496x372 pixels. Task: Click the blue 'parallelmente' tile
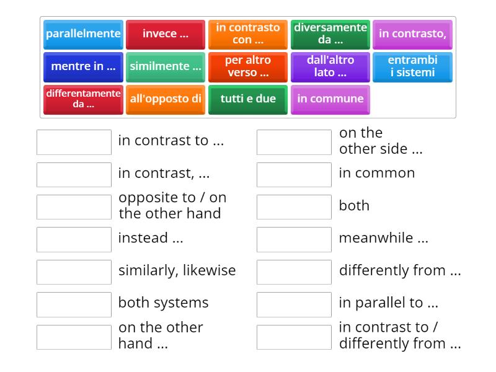[x=83, y=34]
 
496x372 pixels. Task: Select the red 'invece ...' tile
[x=166, y=34]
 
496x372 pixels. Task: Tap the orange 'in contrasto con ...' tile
[x=248, y=34]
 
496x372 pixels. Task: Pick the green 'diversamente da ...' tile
[x=330, y=34]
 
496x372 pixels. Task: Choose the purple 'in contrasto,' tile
[x=412, y=34]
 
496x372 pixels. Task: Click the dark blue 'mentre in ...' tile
[x=83, y=66]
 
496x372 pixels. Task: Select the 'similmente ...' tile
[x=166, y=66]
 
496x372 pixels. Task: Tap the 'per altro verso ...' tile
[x=248, y=66]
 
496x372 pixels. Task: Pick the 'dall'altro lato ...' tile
[x=330, y=66]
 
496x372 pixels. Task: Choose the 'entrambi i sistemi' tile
[x=412, y=66]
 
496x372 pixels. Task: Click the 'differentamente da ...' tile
[x=83, y=99]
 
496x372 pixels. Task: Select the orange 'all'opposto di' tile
[x=166, y=99]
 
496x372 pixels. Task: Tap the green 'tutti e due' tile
[x=248, y=99]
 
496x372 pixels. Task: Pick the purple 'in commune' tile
[x=330, y=99]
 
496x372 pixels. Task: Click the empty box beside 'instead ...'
[x=74, y=239]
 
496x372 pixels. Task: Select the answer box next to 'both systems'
[x=74, y=304]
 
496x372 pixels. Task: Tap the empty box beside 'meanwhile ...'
[x=294, y=239]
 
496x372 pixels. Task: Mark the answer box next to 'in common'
[x=294, y=174]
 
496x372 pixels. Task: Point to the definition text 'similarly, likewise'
[x=177, y=270]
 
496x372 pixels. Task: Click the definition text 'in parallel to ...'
[x=388, y=303]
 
